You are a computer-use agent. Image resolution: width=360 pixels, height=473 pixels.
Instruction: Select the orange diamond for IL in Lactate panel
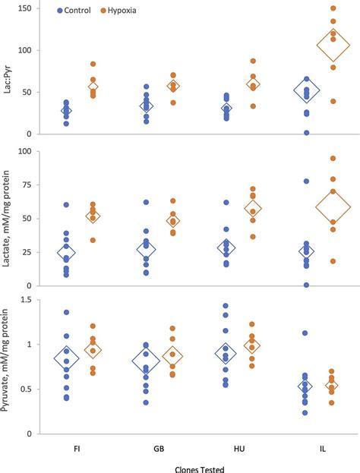[x=333, y=205]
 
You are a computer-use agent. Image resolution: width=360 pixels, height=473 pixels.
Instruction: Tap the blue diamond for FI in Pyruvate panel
[x=66, y=358]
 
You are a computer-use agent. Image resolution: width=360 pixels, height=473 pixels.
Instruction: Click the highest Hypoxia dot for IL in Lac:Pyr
[x=333, y=8]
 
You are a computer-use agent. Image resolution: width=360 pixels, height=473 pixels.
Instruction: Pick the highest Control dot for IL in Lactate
[x=305, y=181]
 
